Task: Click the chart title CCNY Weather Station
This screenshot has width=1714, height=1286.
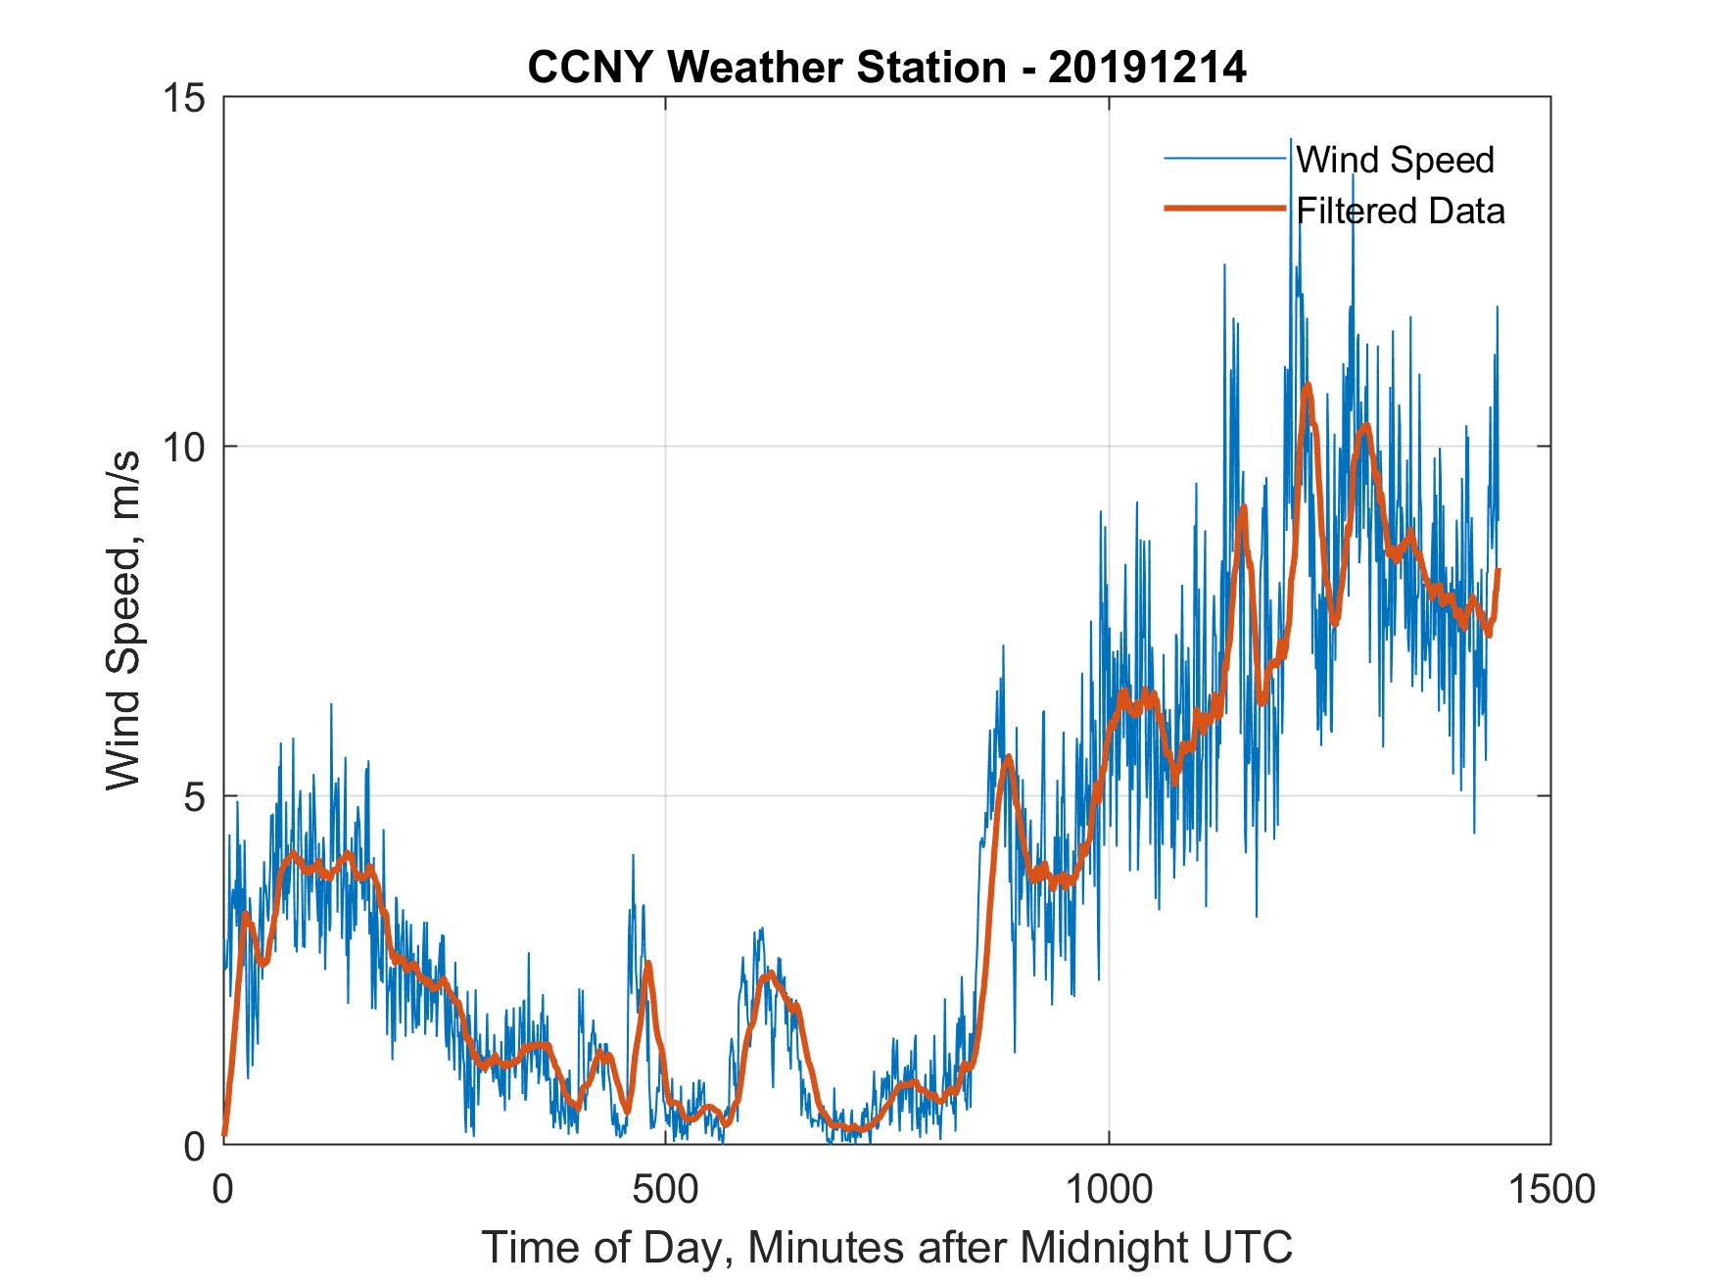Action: point(766,68)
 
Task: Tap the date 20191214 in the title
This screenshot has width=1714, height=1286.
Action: point(1147,68)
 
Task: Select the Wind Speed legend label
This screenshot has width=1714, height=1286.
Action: point(1396,160)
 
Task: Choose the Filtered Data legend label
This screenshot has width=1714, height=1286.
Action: point(1401,211)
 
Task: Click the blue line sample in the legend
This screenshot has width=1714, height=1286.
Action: point(1224,159)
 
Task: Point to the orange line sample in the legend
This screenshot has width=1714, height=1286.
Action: point(1224,209)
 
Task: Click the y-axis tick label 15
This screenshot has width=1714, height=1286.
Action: point(183,98)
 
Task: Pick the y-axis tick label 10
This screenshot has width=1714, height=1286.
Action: point(183,448)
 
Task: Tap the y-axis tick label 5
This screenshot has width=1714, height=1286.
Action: point(194,796)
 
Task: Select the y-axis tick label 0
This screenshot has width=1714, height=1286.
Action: point(194,1145)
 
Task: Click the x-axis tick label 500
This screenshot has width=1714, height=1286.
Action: point(665,1190)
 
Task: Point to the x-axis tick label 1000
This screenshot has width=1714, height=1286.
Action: point(1109,1190)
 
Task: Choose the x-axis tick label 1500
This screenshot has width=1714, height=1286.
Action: point(1550,1190)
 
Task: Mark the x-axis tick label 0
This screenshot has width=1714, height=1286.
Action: point(224,1190)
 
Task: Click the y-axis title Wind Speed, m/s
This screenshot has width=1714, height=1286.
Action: point(124,620)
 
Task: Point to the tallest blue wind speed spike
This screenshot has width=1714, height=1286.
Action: point(1291,139)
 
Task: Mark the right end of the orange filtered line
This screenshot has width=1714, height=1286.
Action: point(1499,570)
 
